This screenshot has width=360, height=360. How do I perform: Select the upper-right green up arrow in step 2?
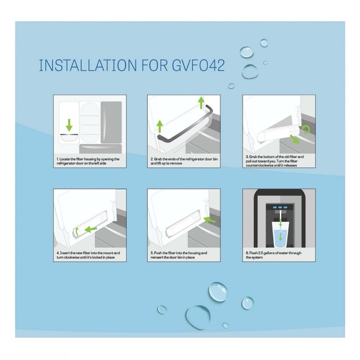200,102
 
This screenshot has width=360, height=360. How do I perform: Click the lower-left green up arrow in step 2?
159,127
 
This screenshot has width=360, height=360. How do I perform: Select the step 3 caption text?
277,163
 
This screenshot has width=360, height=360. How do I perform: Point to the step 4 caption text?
89,256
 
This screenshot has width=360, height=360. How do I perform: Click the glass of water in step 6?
280,236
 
